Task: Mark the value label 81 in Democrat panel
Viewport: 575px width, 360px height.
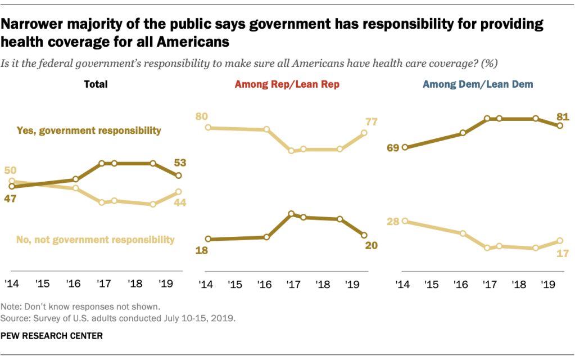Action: pos(563,117)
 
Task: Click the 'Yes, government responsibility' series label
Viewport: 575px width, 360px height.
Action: pos(97,131)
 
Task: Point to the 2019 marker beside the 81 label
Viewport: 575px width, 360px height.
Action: pos(560,125)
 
